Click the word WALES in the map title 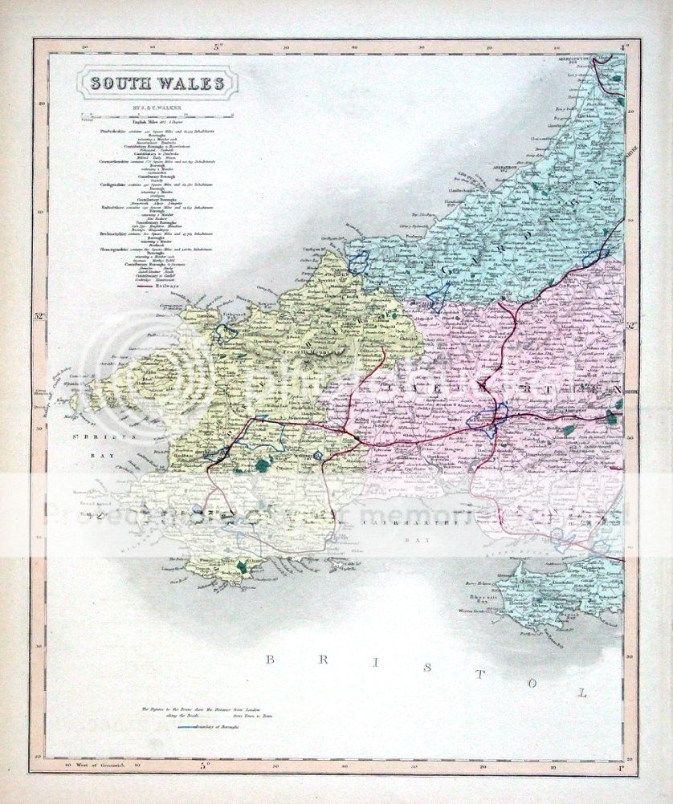pos(186,83)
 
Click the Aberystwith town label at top pos(579,62)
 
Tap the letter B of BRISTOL pos(271,660)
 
